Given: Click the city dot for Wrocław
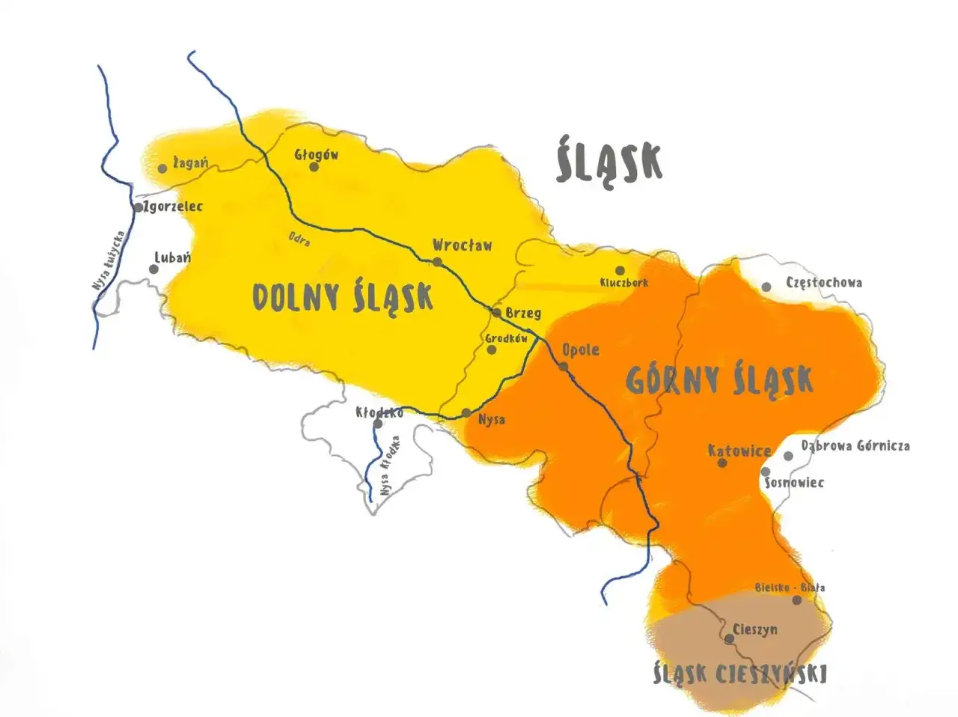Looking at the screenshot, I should (x=437, y=262).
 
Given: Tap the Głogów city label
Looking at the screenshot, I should (x=316, y=155).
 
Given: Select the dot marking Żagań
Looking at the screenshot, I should (x=162, y=168).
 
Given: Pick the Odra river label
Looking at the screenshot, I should (x=299, y=239).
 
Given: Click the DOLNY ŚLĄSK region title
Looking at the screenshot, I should (x=342, y=297).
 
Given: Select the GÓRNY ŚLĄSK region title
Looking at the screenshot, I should (x=718, y=379).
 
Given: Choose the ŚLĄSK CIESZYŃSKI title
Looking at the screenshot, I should (x=739, y=674).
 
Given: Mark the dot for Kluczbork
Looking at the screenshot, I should (x=620, y=270).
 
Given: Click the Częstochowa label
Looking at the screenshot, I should (x=823, y=283).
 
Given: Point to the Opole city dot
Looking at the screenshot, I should (x=564, y=367).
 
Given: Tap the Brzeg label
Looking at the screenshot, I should (x=523, y=313).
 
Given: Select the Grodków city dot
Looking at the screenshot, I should (x=492, y=350).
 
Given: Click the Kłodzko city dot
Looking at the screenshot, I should (x=378, y=424).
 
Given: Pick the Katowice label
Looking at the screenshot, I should (x=739, y=451).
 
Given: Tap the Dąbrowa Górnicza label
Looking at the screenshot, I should (x=855, y=445).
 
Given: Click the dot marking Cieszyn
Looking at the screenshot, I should (x=729, y=638).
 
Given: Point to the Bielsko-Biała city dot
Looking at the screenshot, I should (x=797, y=600).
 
